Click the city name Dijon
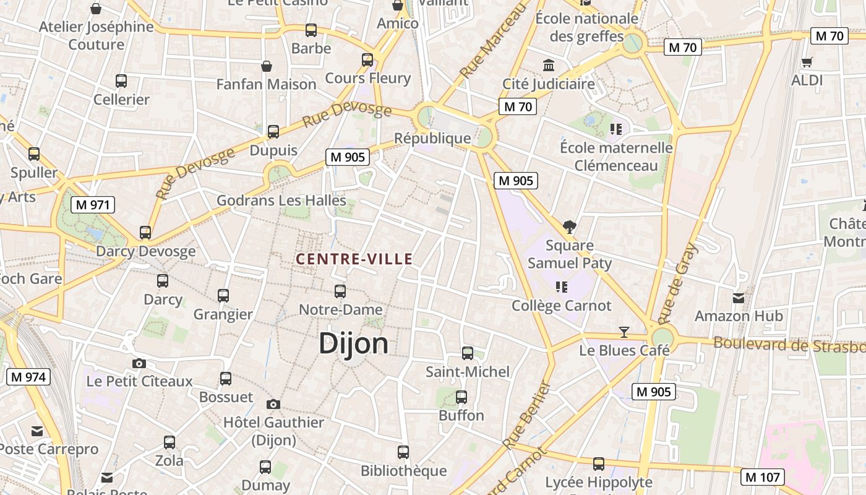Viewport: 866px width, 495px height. pyautogui.click(x=353, y=344)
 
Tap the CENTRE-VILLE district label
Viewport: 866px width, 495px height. pyautogui.click(x=354, y=259)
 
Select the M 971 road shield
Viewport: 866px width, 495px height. pyautogui.click(x=93, y=205)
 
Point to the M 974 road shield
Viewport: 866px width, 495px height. pyautogui.click(x=28, y=377)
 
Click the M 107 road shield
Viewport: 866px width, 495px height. pyautogui.click(x=763, y=477)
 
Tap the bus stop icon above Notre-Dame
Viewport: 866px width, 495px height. pyautogui.click(x=340, y=291)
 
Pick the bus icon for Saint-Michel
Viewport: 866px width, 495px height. pyautogui.click(x=468, y=353)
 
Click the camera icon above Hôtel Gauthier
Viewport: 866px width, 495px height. pyautogui.click(x=273, y=404)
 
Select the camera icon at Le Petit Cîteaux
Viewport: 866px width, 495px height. pyautogui.click(x=139, y=363)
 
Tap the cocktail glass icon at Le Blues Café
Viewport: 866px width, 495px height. pyautogui.click(x=624, y=332)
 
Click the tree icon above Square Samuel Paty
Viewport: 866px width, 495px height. pyautogui.click(x=569, y=227)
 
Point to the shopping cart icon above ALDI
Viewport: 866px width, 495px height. pyautogui.click(x=807, y=62)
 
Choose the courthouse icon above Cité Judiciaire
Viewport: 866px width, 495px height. pyautogui.click(x=548, y=65)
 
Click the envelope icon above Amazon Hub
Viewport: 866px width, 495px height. pyautogui.click(x=738, y=298)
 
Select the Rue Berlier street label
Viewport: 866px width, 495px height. pyautogui.click(x=526, y=416)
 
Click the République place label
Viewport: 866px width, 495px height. pyautogui.click(x=432, y=138)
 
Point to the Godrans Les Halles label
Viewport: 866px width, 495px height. pyautogui.click(x=281, y=200)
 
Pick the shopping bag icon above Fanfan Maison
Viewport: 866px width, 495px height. pyautogui.click(x=266, y=66)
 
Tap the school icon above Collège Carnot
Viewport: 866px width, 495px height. pyautogui.click(x=561, y=286)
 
